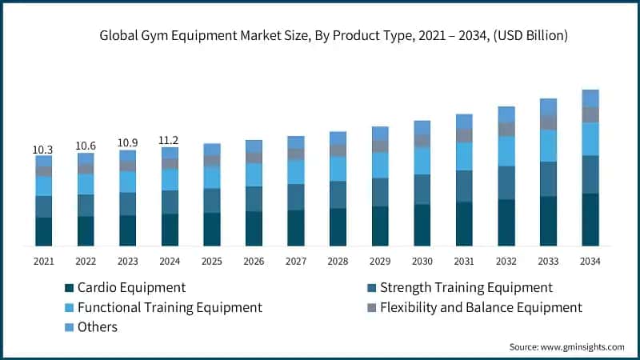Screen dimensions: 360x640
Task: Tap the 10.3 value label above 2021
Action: pos(43,150)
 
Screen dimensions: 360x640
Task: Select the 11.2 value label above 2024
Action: pos(170,140)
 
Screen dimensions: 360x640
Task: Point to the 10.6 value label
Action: pos(86,146)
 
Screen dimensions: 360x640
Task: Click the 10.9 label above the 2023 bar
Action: pos(127,143)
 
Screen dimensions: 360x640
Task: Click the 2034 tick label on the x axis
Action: pos(590,261)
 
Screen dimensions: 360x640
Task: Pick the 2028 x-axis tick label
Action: pos(338,261)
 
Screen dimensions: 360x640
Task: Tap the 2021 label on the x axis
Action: pos(43,261)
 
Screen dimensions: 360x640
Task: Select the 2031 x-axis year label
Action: pos(464,261)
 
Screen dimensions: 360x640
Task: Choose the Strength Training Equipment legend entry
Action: pos(466,287)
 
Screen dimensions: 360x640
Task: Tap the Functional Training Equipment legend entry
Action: pos(170,307)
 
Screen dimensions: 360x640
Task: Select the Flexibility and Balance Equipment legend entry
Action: pos(481,307)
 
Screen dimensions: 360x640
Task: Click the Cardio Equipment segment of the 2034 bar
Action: pos(590,219)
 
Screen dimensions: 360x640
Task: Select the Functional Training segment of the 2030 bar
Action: pos(422,161)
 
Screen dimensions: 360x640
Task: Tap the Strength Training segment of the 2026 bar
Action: pos(254,198)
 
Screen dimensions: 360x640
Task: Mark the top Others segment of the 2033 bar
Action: pos(548,106)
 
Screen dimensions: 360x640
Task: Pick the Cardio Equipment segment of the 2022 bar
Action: pos(86,230)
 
